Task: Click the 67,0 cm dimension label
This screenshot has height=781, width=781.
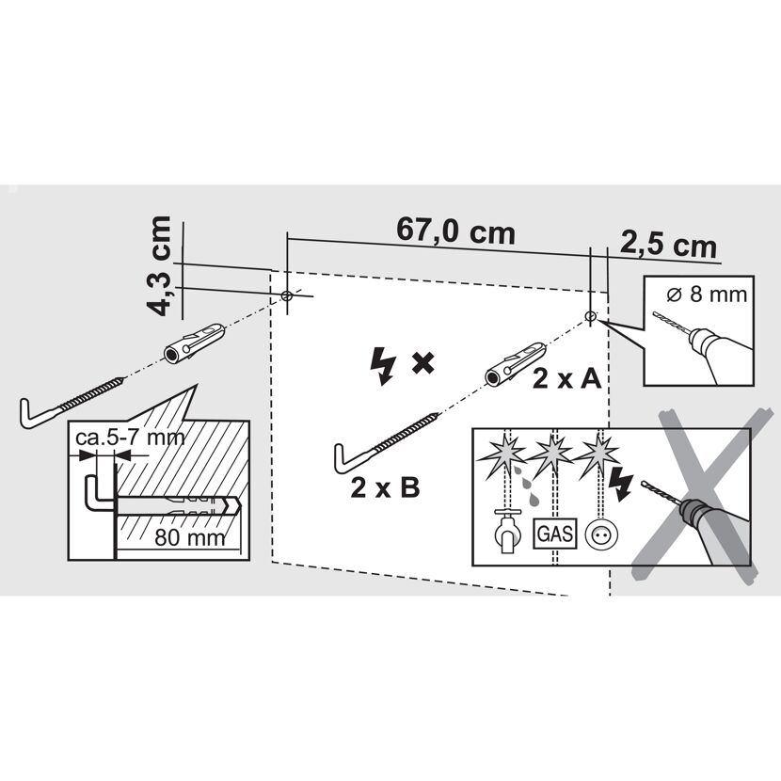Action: pos(455,231)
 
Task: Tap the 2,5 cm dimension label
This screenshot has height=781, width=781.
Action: pos(668,245)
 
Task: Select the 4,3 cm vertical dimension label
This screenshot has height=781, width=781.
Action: pos(159,266)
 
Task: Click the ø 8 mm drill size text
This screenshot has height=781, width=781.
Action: pos(707,295)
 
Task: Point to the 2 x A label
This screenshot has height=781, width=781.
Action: pos(566,379)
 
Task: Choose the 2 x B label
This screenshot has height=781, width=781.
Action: pos(385,487)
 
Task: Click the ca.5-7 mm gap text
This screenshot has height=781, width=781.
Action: pos(130,438)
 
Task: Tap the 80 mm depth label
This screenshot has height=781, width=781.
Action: pos(190,537)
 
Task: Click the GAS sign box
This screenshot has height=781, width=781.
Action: pos(555,534)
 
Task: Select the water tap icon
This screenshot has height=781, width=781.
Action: pos(507,531)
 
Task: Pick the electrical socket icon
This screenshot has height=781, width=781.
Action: pos(601,534)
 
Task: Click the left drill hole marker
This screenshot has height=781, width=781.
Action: pos(286,295)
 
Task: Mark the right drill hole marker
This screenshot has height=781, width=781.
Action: pos(590,316)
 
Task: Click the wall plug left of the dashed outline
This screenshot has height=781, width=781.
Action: pos(194,343)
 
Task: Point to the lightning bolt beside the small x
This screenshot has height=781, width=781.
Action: pos(383,366)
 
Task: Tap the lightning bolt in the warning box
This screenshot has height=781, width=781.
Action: pos(621,484)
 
